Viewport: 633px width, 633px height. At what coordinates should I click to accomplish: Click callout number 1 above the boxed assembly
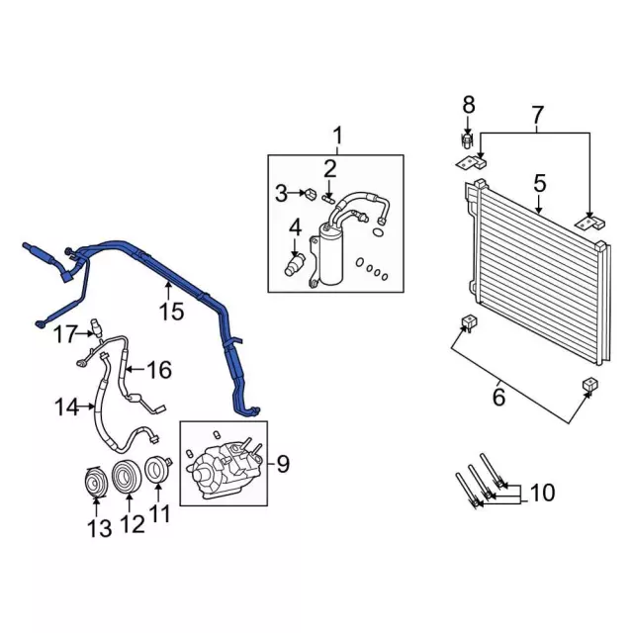[x=337, y=134]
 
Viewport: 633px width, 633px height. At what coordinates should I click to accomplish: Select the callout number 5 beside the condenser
[x=539, y=183]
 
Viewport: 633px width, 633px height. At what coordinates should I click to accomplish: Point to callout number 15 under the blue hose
[x=171, y=313]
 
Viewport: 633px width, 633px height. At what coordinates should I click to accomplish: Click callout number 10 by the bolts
[x=543, y=492]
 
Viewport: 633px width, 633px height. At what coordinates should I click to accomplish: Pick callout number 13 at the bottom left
[x=98, y=529]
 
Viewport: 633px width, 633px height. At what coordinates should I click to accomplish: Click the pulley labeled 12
[x=126, y=478]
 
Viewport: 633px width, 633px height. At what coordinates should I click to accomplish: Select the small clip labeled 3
[x=310, y=192]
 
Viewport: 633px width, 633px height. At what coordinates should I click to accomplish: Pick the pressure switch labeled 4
[x=295, y=266]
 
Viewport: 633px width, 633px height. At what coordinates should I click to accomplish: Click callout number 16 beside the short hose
[x=158, y=371]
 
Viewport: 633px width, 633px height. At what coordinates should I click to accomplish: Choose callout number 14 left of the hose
[x=65, y=406]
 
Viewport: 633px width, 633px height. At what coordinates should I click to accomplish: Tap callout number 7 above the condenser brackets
[x=537, y=116]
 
